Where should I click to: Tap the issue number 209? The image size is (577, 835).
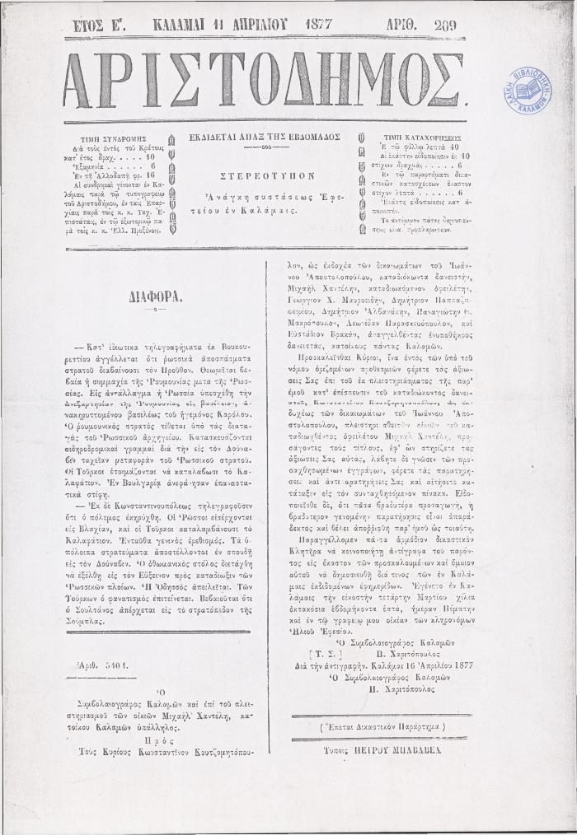point(445,26)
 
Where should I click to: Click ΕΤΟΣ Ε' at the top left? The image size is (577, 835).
point(98,26)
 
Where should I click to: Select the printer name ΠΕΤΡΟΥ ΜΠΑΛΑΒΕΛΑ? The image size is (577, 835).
point(387,750)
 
